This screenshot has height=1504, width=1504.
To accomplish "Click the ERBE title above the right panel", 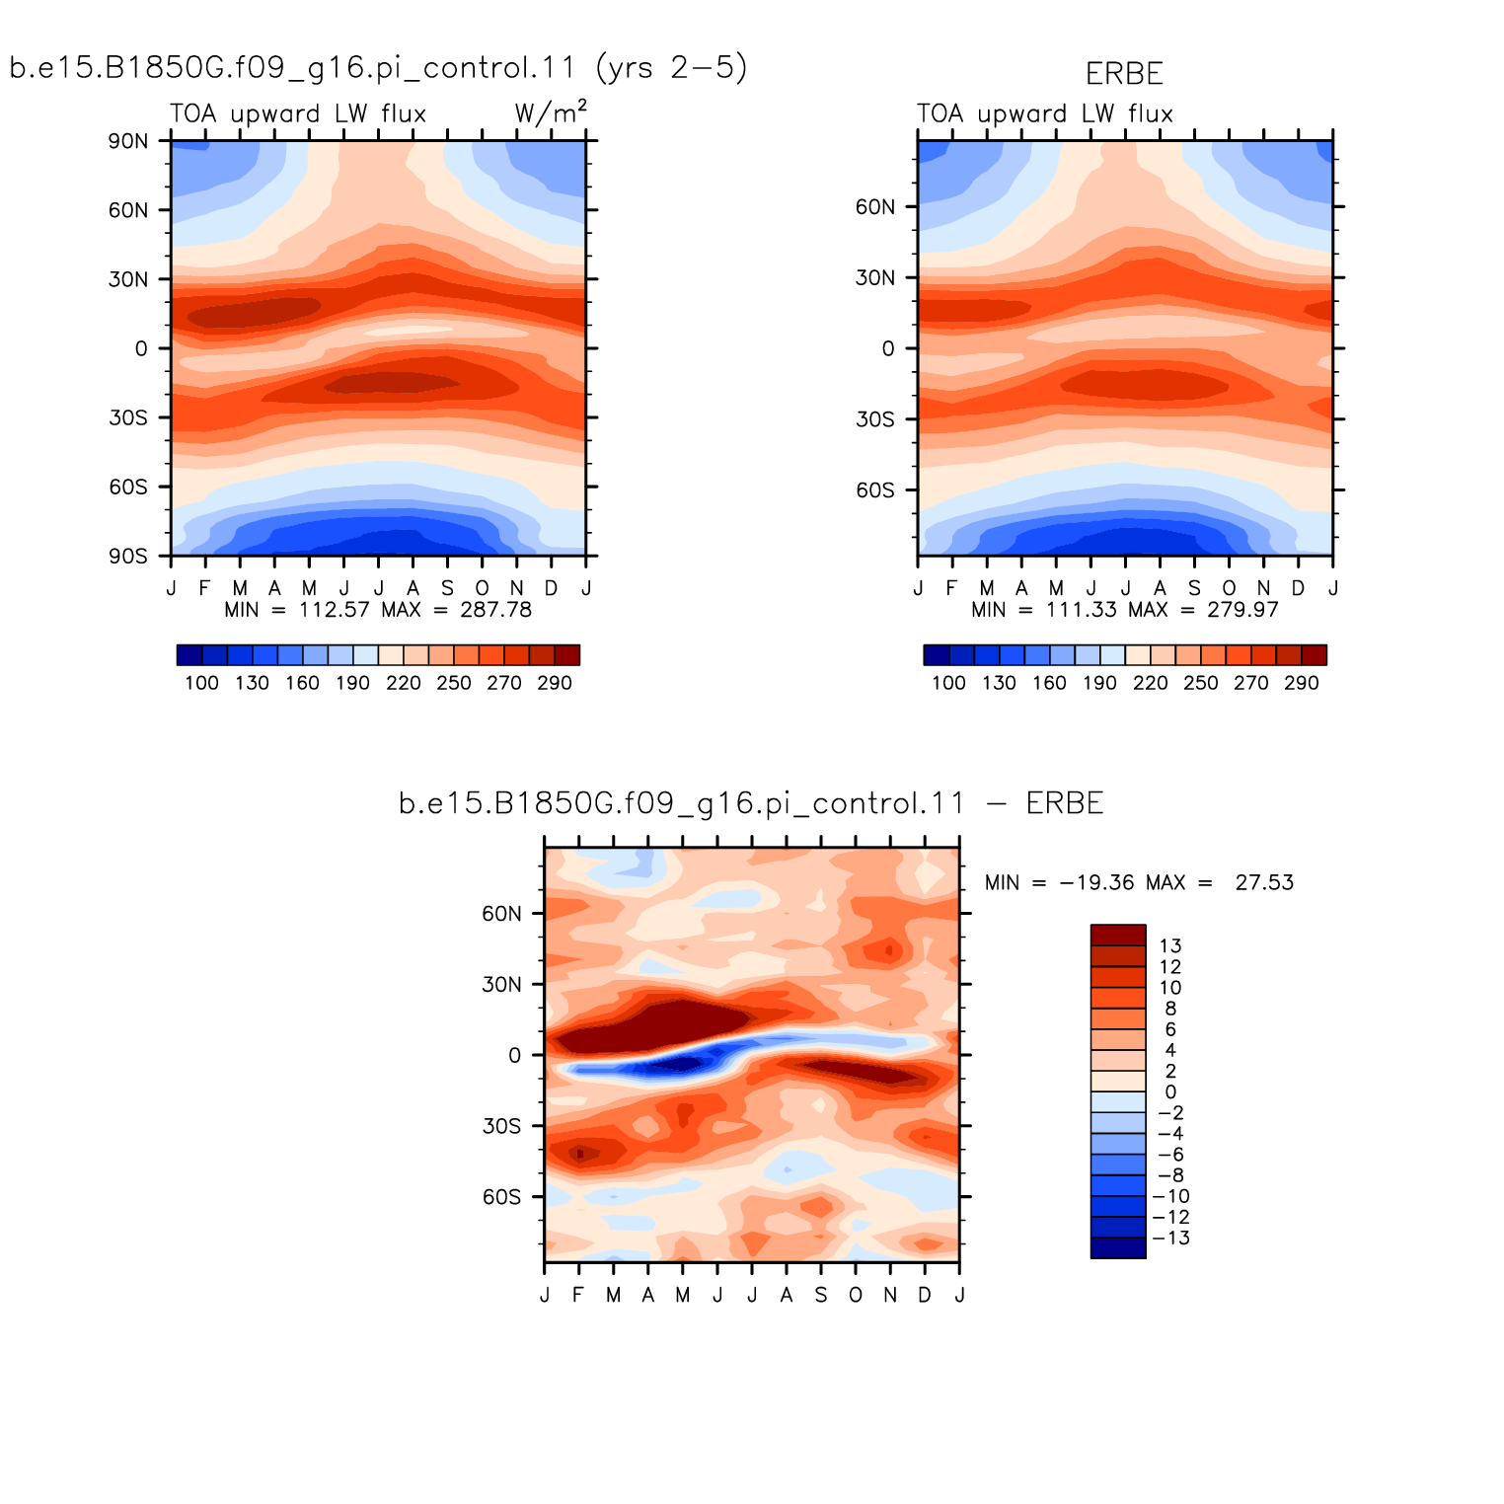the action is point(1124,74).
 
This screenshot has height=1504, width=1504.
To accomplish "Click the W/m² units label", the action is point(551,113).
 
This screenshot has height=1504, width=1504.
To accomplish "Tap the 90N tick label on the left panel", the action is point(128,141).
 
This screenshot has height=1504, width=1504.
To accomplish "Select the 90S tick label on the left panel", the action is point(128,557).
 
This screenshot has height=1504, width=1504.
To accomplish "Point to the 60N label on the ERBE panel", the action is point(875,207).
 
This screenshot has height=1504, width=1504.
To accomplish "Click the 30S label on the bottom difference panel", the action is point(501,1126).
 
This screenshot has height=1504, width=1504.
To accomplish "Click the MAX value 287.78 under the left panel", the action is point(495,610).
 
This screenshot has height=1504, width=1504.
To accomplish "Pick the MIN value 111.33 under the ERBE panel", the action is point(1081,610).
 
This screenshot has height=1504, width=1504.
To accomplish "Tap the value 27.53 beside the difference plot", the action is point(1264,882).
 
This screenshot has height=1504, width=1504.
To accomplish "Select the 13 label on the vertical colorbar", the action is point(1170,945).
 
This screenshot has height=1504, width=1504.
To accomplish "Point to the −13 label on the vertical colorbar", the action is point(1171,1238).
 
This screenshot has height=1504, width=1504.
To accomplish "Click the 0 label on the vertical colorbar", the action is point(1170,1091).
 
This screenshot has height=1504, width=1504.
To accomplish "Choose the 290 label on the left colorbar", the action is point(555,683).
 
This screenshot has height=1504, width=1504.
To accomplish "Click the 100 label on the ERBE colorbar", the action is point(948,683).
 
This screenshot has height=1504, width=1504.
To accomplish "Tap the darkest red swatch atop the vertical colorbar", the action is point(1118,935).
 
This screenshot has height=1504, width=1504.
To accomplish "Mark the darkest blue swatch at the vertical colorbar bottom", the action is point(1118,1247).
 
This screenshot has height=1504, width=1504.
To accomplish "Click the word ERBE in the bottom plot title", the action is point(1065,803).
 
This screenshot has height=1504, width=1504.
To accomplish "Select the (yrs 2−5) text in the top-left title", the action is point(672,67).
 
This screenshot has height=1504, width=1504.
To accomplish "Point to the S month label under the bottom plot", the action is point(821,1295).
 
